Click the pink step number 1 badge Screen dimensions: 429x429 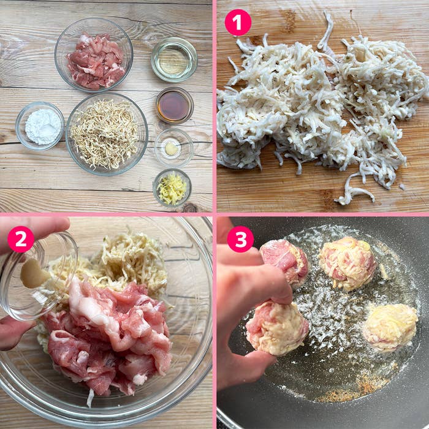pyautogui.click(x=238, y=23)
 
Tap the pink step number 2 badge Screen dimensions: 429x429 pyautogui.click(x=21, y=239)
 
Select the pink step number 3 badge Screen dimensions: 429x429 pyautogui.click(x=240, y=239)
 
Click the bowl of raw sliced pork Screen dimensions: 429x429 pyautogui.click(x=94, y=55)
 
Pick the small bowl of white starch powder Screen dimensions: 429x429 pyautogui.click(x=40, y=126)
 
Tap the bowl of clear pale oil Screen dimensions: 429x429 pyautogui.click(x=174, y=59)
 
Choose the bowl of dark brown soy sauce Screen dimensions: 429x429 pyautogui.click(x=175, y=105)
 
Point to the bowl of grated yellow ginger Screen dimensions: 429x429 pyautogui.click(x=172, y=188)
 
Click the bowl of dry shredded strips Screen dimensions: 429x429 pyautogui.click(x=107, y=134)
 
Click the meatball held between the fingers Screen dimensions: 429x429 pyautogui.click(x=277, y=327)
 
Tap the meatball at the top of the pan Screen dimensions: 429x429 pyautogui.click(x=347, y=263)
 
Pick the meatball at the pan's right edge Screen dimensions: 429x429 pyautogui.click(x=390, y=327)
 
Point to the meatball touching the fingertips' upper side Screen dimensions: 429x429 pyautogui.click(x=284, y=262)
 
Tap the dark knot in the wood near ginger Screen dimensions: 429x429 pyautogui.click(x=190, y=208)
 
